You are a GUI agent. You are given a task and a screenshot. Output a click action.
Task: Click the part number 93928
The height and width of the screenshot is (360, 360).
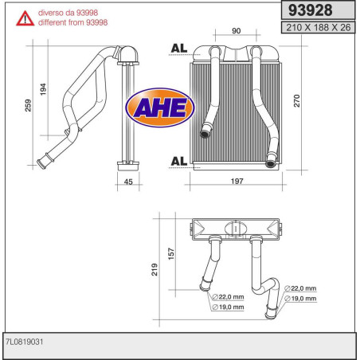309,11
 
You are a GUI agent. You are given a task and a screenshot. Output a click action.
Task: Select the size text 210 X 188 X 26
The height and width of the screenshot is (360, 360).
316,28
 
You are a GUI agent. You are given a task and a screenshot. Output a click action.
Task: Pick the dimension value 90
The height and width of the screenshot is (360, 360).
237,31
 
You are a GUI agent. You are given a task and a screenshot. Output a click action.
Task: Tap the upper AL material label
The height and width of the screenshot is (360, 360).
179,49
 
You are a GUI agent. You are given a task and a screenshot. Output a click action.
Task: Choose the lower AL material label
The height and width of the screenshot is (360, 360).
179,162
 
